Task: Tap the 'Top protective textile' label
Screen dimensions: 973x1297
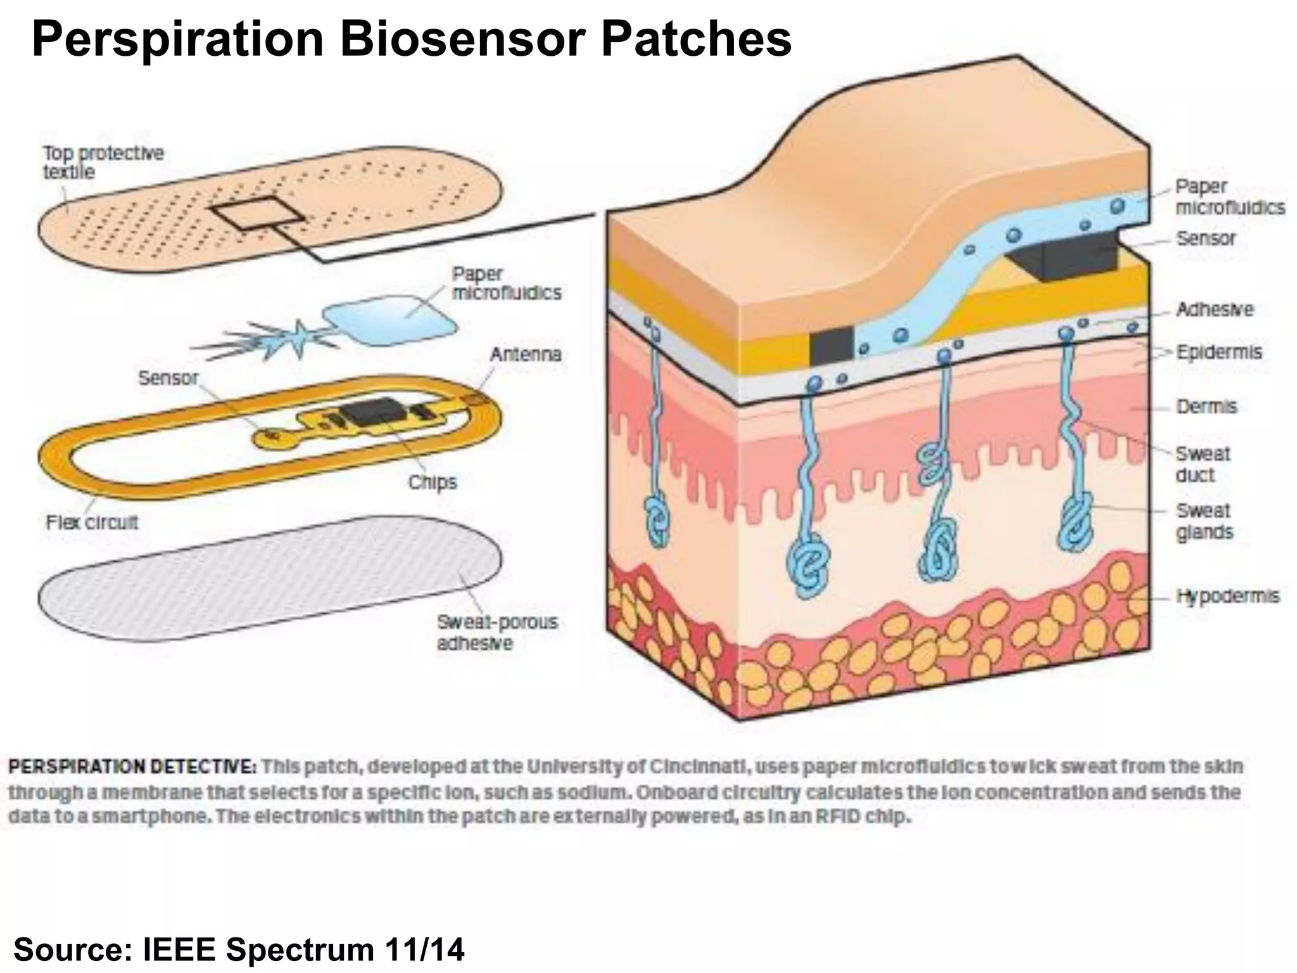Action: [103, 162]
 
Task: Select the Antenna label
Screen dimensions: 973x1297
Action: [525, 354]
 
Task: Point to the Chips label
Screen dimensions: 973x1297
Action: [432, 482]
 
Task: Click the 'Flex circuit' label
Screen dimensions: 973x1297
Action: [92, 523]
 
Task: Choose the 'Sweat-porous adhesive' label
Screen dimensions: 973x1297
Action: [497, 632]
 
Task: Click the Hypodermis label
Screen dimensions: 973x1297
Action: [1228, 596]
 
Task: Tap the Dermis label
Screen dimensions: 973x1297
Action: [1206, 406]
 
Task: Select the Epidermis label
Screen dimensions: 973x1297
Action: [1219, 352]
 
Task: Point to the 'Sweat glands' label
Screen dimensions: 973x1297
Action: [1204, 521]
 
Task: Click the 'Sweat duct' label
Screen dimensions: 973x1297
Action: [1203, 464]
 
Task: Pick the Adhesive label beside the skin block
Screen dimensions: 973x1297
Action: [1215, 309]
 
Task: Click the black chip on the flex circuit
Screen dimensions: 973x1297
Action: [372, 414]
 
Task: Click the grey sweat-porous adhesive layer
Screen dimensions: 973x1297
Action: [266, 576]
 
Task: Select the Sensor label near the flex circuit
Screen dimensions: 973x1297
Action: [168, 378]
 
